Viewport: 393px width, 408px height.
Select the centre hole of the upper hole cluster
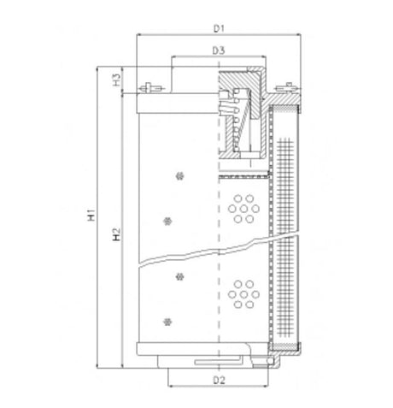click(244, 208)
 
